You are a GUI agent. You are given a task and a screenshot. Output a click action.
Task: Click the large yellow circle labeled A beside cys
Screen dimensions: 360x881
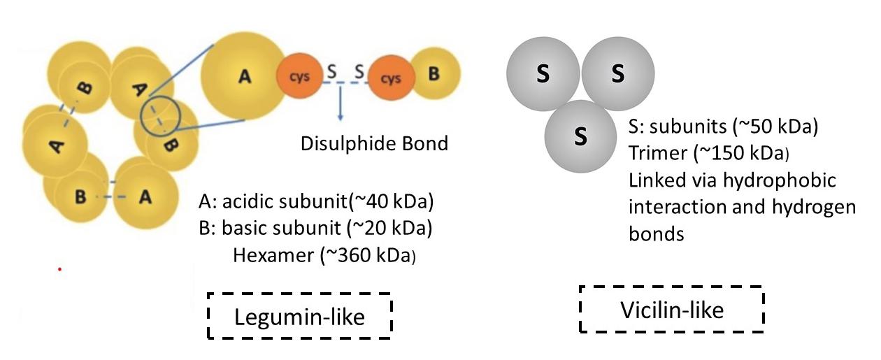(x=243, y=76)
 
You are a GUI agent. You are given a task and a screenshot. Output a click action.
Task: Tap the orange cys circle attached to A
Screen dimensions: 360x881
(x=300, y=78)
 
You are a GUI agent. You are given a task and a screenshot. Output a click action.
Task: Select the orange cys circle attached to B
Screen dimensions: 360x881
(x=389, y=78)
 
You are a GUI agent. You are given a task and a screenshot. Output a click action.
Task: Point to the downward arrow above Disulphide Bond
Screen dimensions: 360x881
(x=340, y=101)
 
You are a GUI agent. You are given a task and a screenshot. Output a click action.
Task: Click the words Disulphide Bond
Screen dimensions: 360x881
(x=373, y=144)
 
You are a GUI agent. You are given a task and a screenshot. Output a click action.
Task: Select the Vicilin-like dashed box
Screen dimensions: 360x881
(x=672, y=309)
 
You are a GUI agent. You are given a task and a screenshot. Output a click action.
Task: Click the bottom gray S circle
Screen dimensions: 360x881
(x=580, y=136)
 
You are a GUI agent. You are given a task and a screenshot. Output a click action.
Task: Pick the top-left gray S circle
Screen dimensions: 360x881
(x=543, y=74)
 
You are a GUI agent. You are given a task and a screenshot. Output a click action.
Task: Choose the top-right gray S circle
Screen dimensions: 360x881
(x=618, y=74)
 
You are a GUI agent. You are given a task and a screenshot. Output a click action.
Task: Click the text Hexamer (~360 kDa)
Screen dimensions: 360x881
(x=324, y=255)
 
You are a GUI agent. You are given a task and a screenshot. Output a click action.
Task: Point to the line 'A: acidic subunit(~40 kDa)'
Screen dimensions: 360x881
(x=317, y=202)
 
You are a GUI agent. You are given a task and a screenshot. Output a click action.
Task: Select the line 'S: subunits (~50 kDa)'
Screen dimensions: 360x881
(x=724, y=128)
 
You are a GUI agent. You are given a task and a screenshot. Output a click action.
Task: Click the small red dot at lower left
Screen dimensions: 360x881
(x=59, y=269)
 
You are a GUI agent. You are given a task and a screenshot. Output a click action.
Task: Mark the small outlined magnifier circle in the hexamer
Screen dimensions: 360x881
(x=161, y=115)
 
